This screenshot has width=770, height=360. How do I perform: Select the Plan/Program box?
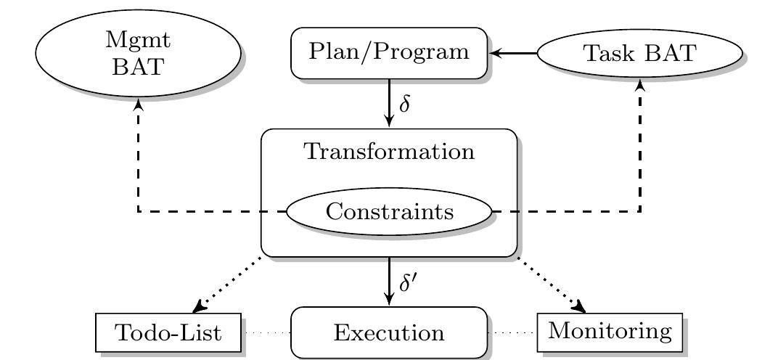[x=389, y=52]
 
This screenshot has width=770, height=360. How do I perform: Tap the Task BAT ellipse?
[x=639, y=53]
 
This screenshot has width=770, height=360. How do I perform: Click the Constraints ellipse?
[x=389, y=212]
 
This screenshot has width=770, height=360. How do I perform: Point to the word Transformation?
[x=389, y=152]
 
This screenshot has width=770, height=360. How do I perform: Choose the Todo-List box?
[x=168, y=332]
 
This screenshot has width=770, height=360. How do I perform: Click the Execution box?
[x=389, y=332]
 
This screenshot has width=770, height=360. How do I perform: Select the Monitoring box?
[x=610, y=332]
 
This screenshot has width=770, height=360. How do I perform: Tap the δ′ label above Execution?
[x=408, y=282]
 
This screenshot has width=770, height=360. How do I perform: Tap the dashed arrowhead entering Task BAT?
[x=640, y=86]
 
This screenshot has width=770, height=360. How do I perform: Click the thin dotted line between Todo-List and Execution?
[x=266, y=333]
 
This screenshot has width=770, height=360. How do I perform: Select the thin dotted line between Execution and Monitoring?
[x=512, y=333]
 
